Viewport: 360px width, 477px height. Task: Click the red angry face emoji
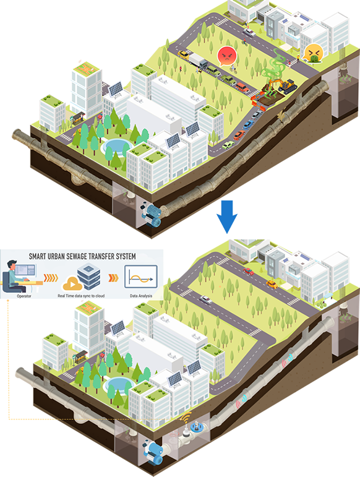[x=227, y=56]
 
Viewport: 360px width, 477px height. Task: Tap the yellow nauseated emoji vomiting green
[x=313, y=53]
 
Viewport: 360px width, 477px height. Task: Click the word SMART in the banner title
[x=37, y=257]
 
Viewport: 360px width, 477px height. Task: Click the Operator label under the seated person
[x=24, y=296]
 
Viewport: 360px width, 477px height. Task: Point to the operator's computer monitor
[x=25, y=270]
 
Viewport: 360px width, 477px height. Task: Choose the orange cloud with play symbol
[x=72, y=284]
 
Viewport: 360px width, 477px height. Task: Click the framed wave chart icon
[x=141, y=277]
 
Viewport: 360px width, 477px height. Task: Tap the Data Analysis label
[x=141, y=296]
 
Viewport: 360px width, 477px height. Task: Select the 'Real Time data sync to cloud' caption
[x=81, y=296]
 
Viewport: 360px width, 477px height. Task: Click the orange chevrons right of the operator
[x=51, y=278]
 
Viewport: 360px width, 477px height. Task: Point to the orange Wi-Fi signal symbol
[x=186, y=417]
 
